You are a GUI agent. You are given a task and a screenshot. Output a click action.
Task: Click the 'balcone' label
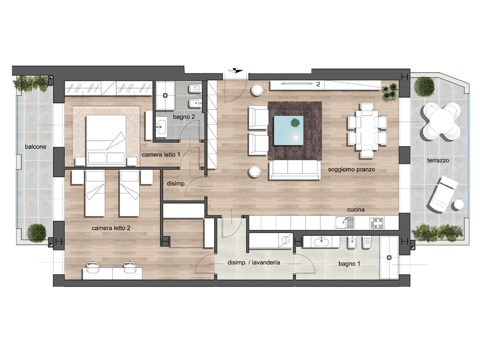click(36, 147)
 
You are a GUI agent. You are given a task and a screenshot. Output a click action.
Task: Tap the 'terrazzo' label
click(438, 160)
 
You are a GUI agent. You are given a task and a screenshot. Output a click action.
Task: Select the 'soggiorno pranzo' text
click(352, 169)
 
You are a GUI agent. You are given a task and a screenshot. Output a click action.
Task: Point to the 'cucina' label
click(356, 210)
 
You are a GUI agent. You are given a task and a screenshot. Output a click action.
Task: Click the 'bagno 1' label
click(349, 263)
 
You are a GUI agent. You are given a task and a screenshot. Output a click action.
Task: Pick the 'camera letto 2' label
click(111, 228)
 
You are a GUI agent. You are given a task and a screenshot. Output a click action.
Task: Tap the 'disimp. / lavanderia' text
click(254, 262)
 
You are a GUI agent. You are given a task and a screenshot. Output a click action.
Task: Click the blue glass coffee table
click(289, 130)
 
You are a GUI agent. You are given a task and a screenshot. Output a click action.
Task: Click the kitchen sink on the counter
click(345, 223)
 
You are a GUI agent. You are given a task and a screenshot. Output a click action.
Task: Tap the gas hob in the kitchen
click(376, 223)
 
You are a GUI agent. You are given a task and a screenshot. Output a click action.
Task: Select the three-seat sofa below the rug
click(294, 170)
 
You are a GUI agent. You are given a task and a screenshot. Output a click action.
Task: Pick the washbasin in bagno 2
click(161, 127)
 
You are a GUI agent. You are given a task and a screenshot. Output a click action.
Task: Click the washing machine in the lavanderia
click(286, 240)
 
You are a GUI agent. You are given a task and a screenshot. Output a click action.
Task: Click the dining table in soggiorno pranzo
click(367, 130)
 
